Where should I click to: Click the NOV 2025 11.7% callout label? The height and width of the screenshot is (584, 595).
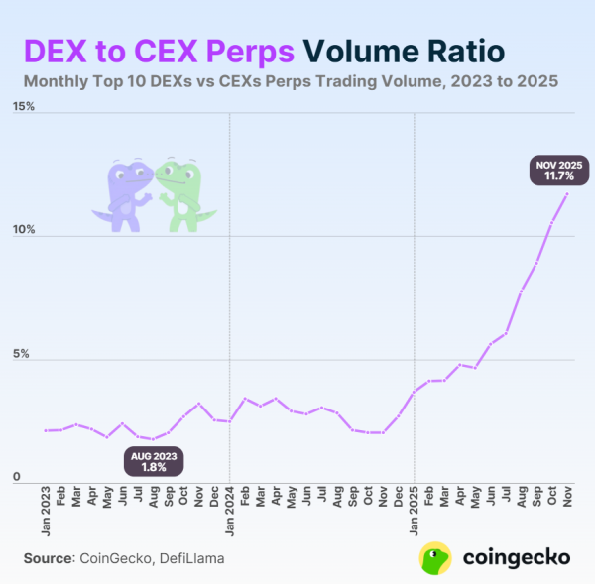pos(560,171)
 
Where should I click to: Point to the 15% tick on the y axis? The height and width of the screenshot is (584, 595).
pos(22,106)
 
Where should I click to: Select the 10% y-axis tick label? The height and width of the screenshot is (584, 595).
pos(22,230)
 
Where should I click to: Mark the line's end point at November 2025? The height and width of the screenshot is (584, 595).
pos(567,193)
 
